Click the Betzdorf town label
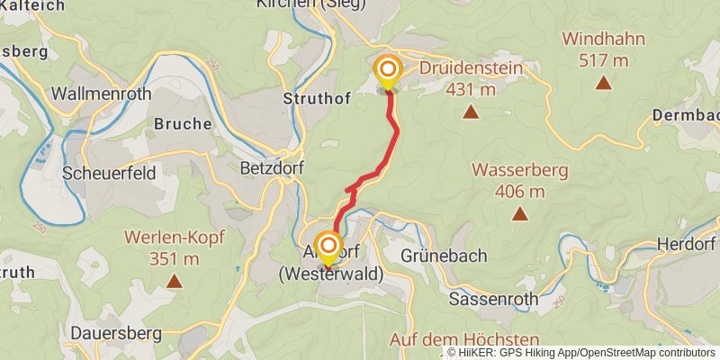pyautogui.click(x=261, y=166)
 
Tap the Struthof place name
pyautogui.click(x=317, y=97)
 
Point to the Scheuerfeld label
pyautogui.click(x=109, y=172)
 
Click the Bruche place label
pyautogui.click(x=183, y=123)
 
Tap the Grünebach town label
pyautogui.click(x=444, y=256)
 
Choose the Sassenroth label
pyautogui.click(x=492, y=299)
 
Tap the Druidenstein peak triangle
pyautogui.click(x=470, y=112)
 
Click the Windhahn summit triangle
pyautogui.click(x=603, y=84)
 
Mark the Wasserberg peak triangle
pyautogui.click(x=520, y=214)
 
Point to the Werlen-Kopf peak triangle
pyautogui.click(x=174, y=282)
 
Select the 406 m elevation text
pyautogui.click(x=520, y=191)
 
